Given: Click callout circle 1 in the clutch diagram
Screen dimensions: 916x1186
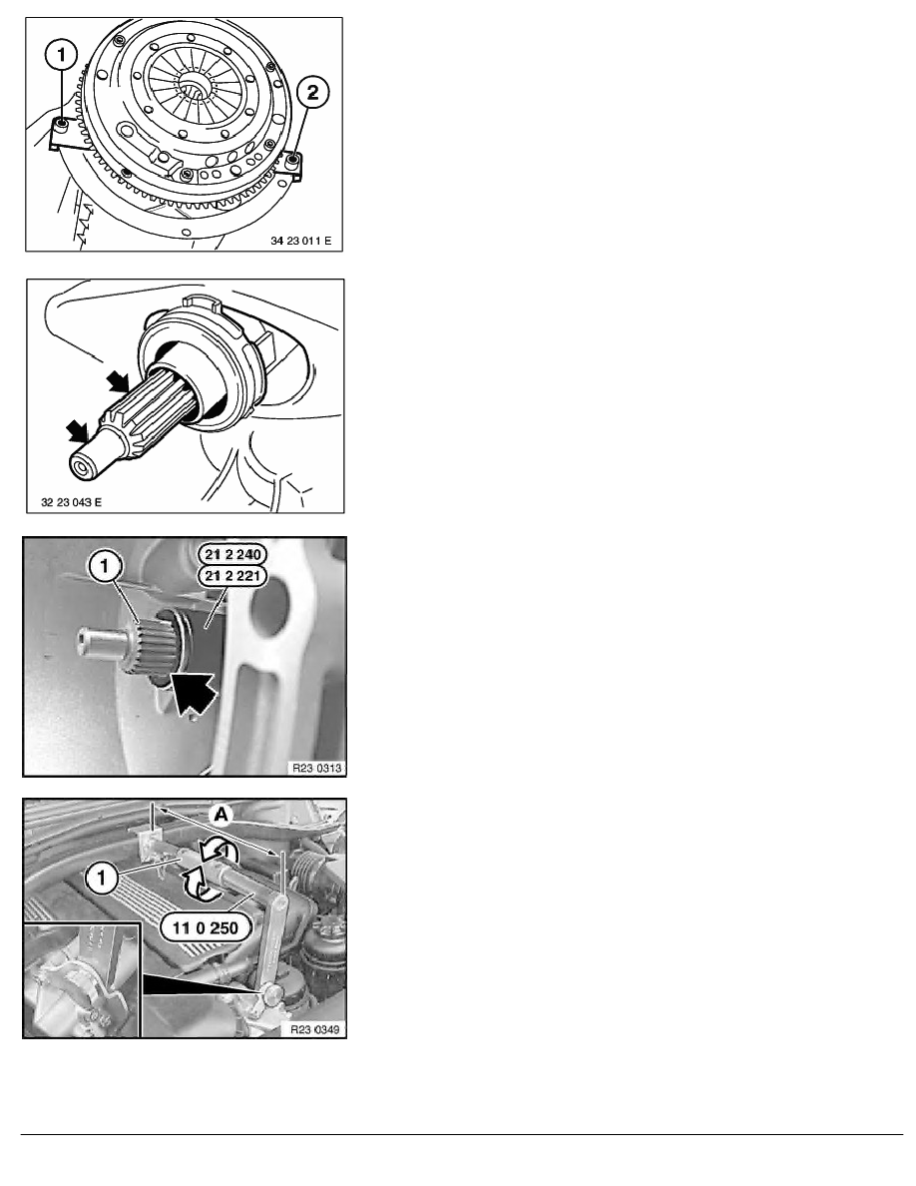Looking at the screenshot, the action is [x=61, y=55].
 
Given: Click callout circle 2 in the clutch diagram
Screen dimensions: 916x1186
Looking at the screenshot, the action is [x=312, y=93].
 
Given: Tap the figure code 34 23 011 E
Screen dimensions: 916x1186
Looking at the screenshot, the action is [x=300, y=241].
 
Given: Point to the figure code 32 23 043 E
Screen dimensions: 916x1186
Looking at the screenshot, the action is [x=71, y=502].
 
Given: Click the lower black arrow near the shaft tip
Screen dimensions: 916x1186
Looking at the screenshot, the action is [x=77, y=431].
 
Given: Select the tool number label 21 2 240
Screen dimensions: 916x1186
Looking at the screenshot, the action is [x=232, y=554].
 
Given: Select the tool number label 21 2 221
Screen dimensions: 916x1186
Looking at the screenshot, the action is [x=232, y=576].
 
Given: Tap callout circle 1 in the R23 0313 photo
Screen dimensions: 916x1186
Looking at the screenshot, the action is [x=105, y=566].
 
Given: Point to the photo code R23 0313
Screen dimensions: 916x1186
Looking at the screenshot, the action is [x=317, y=768].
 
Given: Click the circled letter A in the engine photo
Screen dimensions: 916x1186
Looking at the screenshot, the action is [x=221, y=815].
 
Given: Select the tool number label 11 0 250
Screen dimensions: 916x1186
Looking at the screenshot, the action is [x=205, y=928].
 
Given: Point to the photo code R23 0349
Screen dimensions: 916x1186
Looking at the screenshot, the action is [x=315, y=1029].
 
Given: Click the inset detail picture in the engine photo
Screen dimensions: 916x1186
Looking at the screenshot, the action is [x=83, y=980].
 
